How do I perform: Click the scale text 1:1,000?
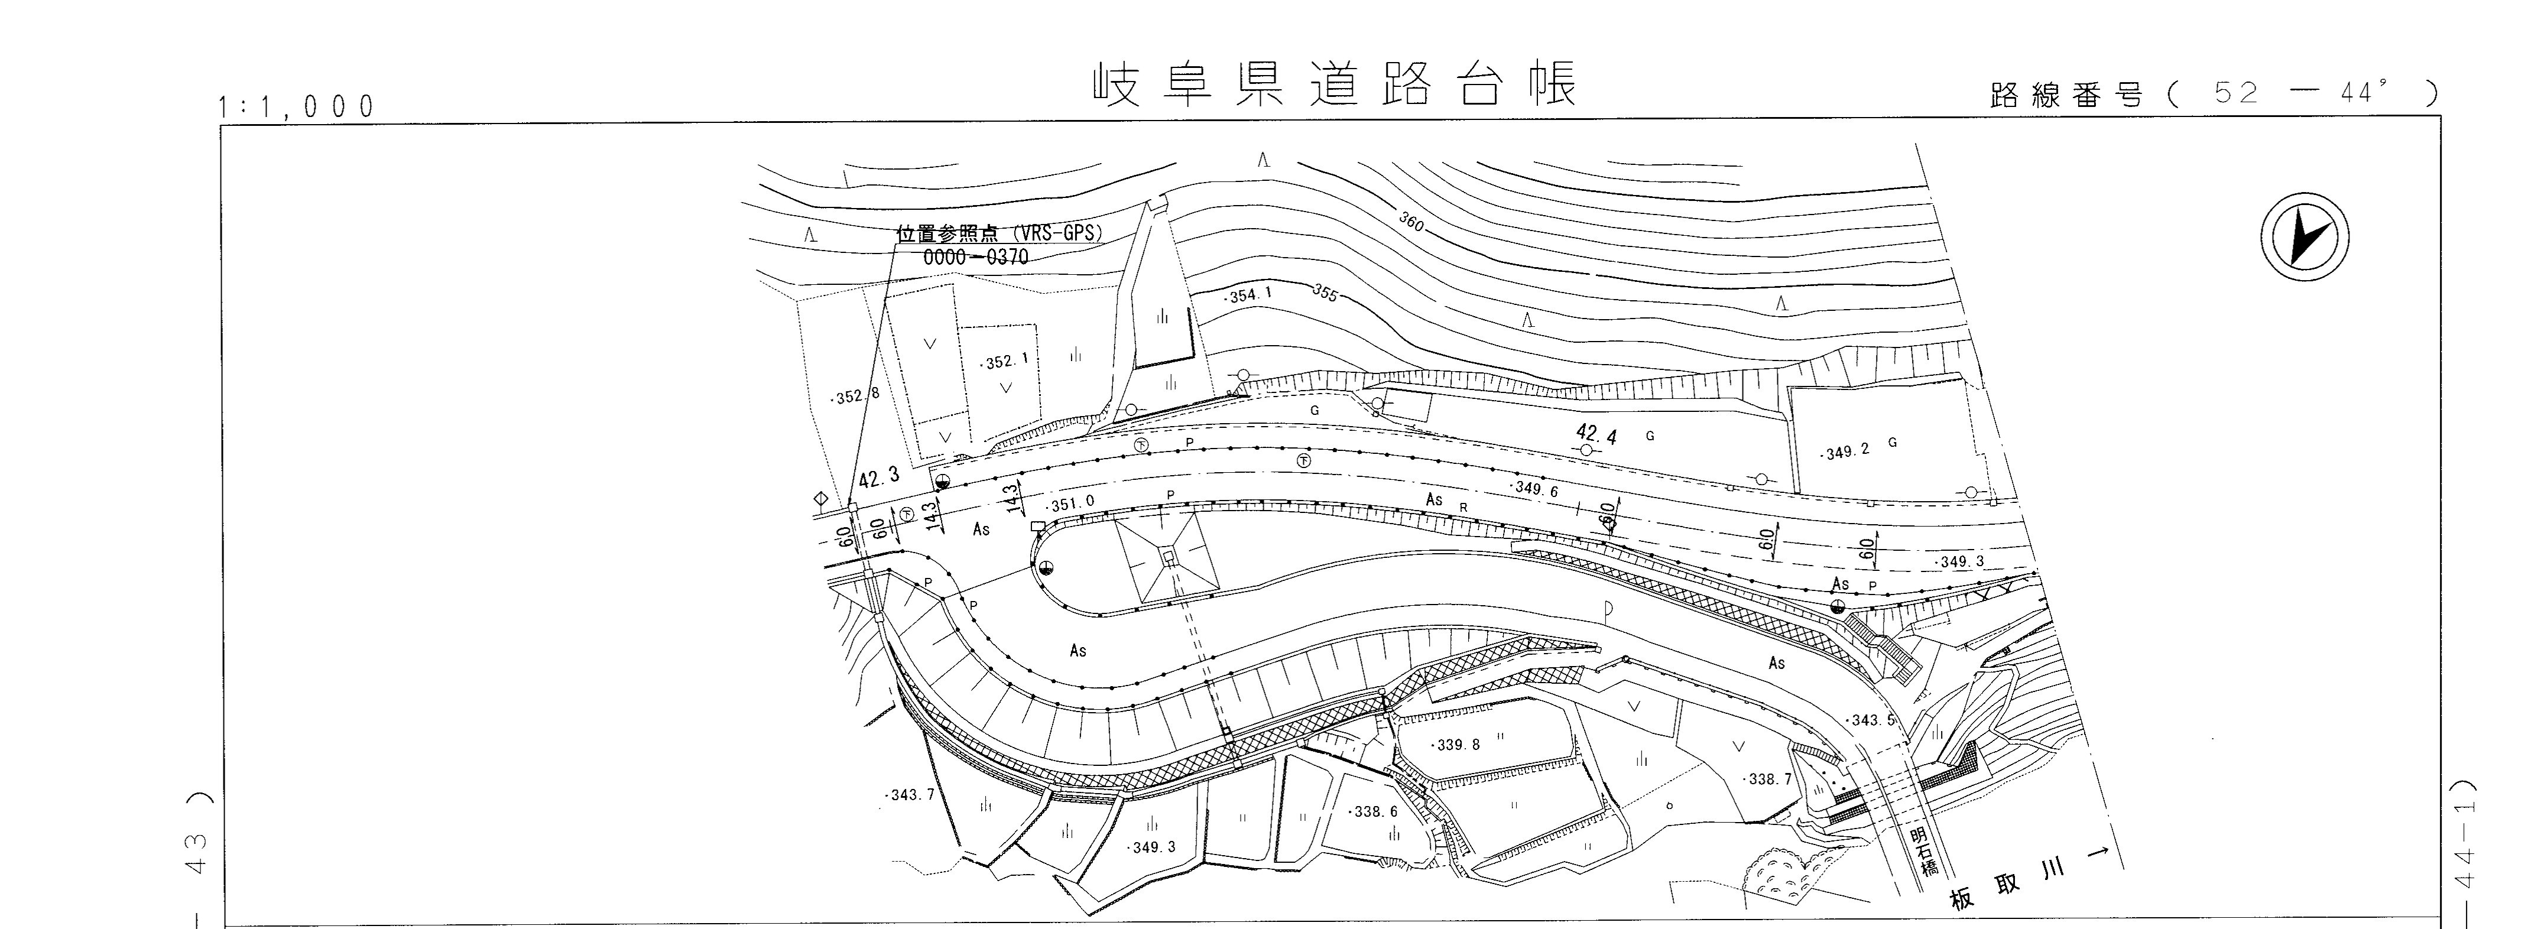point(297,106)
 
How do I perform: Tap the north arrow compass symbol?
point(2303,237)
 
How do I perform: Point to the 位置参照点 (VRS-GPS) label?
point(998,235)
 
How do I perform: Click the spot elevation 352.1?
point(1005,362)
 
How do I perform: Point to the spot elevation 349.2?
point(1845,451)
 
